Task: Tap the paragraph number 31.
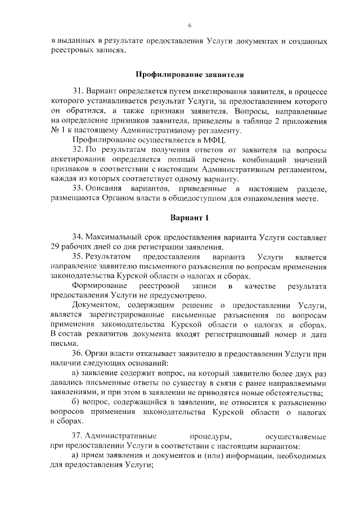(78, 91)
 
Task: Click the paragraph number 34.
(78, 237)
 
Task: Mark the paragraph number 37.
(78, 436)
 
